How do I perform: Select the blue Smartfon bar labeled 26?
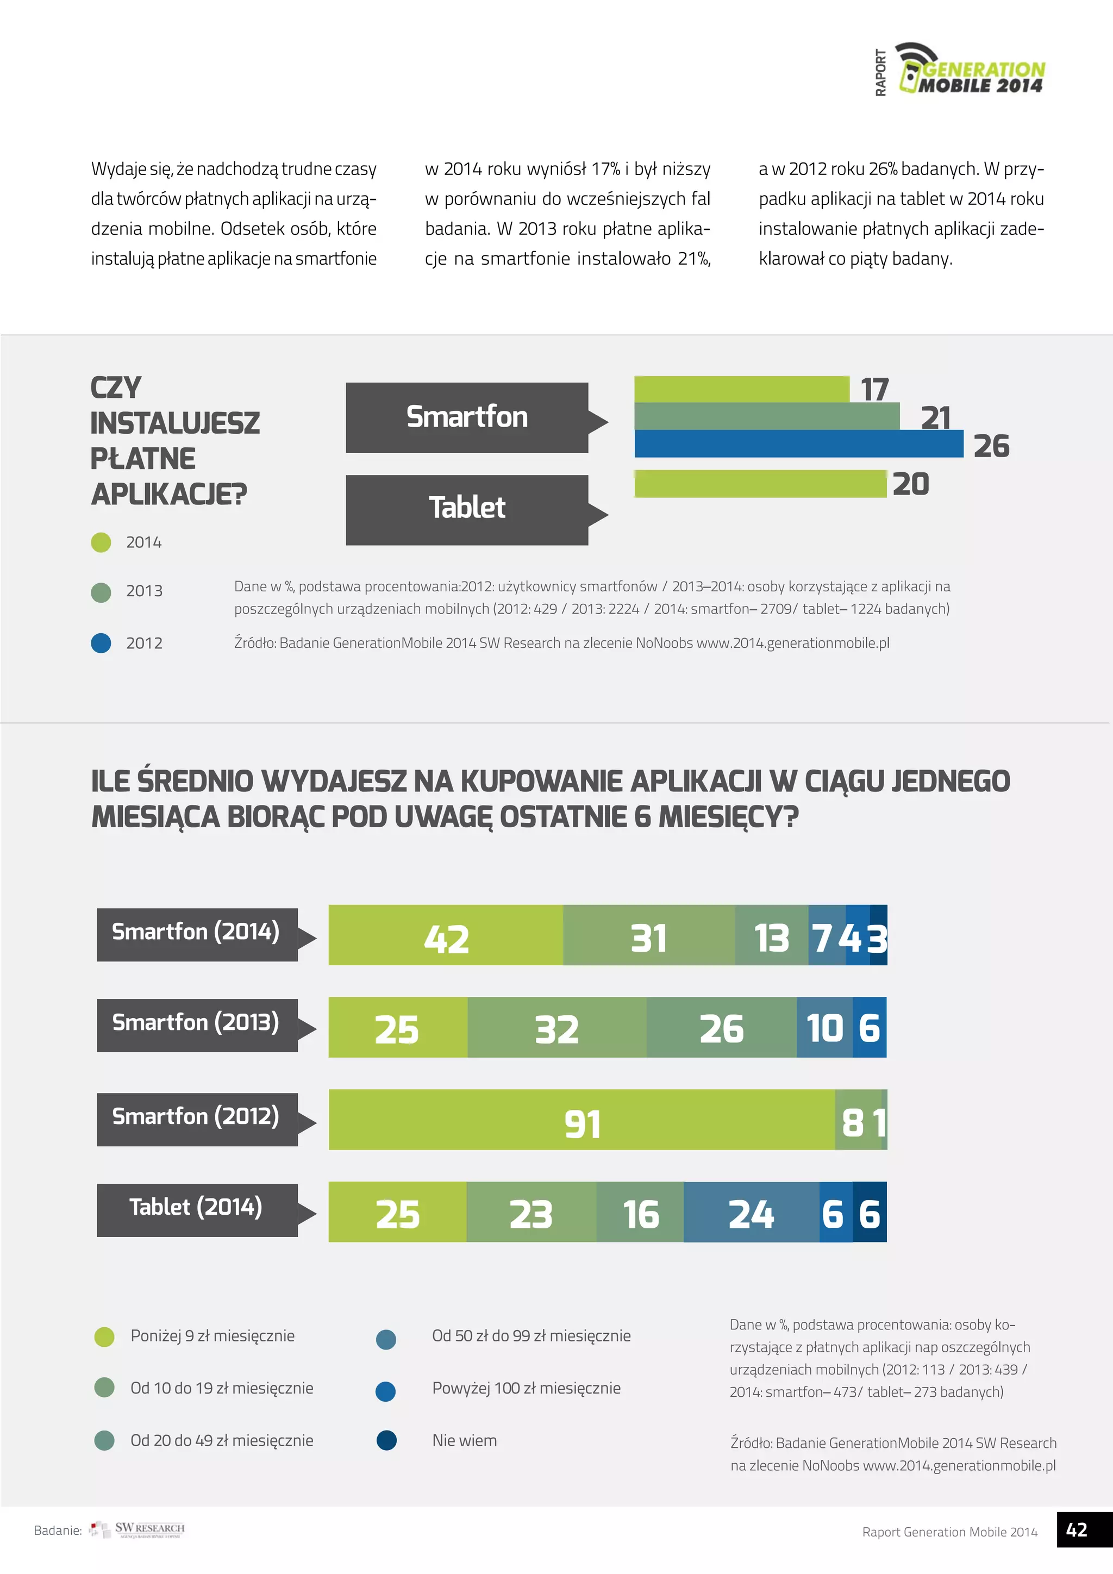[x=798, y=444]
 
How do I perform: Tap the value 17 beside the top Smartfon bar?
[x=874, y=389]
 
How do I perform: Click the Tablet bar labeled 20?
[x=760, y=484]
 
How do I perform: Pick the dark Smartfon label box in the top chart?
[x=467, y=417]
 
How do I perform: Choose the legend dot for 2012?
[x=101, y=643]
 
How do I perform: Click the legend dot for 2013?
[x=101, y=592]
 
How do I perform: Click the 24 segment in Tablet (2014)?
[x=751, y=1212]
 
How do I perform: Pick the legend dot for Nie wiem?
[x=386, y=1440]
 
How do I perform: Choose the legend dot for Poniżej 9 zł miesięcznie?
[x=104, y=1336]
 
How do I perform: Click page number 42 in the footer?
[x=1077, y=1530]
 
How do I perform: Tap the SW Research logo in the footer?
[x=137, y=1530]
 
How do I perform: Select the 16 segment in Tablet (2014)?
[x=640, y=1212]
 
